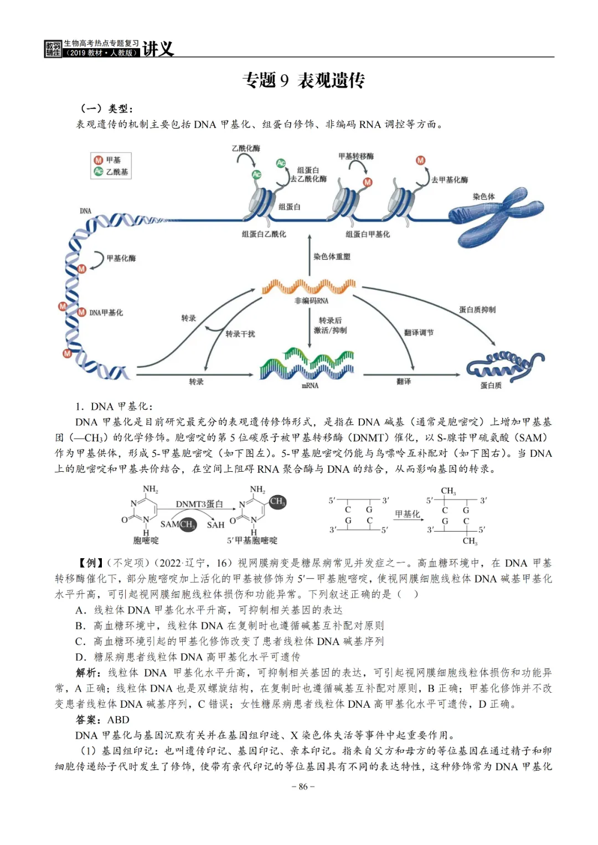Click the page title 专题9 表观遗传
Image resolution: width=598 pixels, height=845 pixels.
click(303, 81)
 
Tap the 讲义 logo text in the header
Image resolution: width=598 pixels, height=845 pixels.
click(158, 49)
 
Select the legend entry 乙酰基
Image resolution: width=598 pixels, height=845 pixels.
click(116, 172)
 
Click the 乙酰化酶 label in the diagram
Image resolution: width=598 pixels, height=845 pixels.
click(246, 148)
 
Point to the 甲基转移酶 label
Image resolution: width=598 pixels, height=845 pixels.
click(356, 156)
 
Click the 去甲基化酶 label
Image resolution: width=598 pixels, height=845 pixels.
click(450, 179)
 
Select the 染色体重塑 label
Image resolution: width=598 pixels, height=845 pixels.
click(332, 256)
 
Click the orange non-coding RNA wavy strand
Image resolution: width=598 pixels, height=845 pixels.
click(309, 286)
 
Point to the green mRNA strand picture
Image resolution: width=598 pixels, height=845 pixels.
click(307, 364)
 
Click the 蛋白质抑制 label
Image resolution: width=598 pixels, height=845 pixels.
click(477, 310)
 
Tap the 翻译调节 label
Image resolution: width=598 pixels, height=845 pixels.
click(419, 332)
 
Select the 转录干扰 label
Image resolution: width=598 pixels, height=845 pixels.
click(240, 334)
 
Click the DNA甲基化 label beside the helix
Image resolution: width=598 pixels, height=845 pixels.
click(106, 313)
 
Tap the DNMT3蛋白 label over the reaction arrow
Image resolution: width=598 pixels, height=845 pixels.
click(199, 504)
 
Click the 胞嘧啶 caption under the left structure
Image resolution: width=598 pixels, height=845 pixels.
click(146, 540)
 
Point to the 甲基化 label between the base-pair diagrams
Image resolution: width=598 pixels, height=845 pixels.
click(408, 514)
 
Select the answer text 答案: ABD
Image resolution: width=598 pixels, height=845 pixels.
click(102, 720)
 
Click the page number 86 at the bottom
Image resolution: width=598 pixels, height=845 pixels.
click(303, 786)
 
